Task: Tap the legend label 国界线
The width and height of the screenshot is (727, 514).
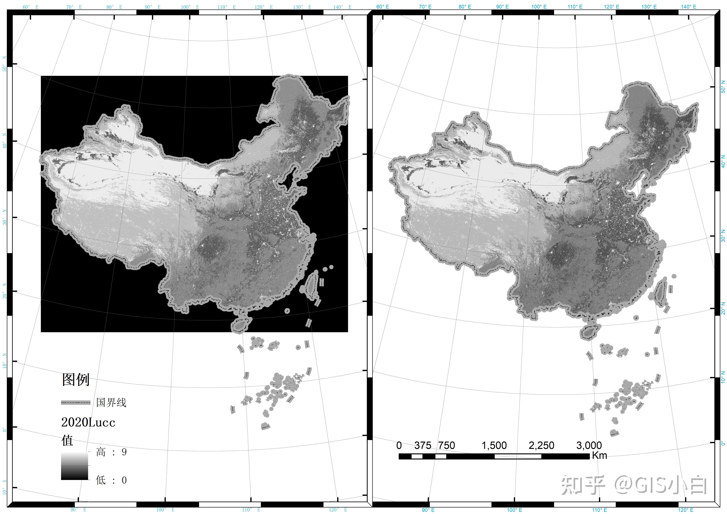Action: click(111, 403)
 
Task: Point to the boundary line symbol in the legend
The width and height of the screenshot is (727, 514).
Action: click(76, 403)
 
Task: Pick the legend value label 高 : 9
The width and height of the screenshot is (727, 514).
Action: click(111, 452)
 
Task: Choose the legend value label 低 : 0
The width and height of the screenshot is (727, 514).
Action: click(111, 480)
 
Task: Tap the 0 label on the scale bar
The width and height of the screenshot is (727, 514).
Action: click(399, 446)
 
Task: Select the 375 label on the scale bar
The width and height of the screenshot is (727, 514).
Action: click(423, 446)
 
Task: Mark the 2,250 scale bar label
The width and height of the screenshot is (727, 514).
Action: click(541, 446)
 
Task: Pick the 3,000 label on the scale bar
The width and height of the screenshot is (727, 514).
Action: click(589, 446)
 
